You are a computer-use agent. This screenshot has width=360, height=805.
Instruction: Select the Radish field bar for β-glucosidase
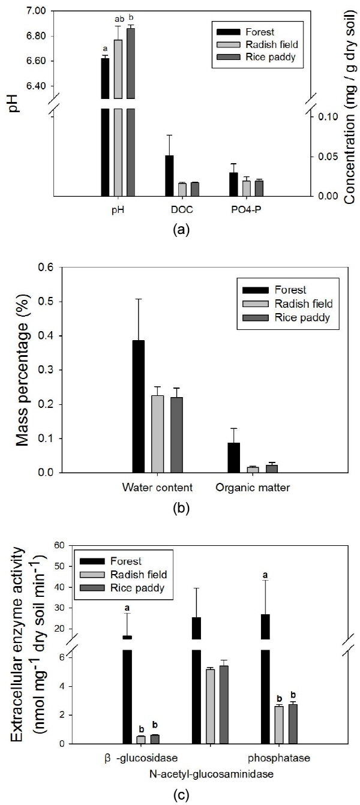[141, 740]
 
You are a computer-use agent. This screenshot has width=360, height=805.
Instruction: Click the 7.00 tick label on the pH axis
[36, 11]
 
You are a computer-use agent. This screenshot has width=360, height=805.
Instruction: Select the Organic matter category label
[253, 487]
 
